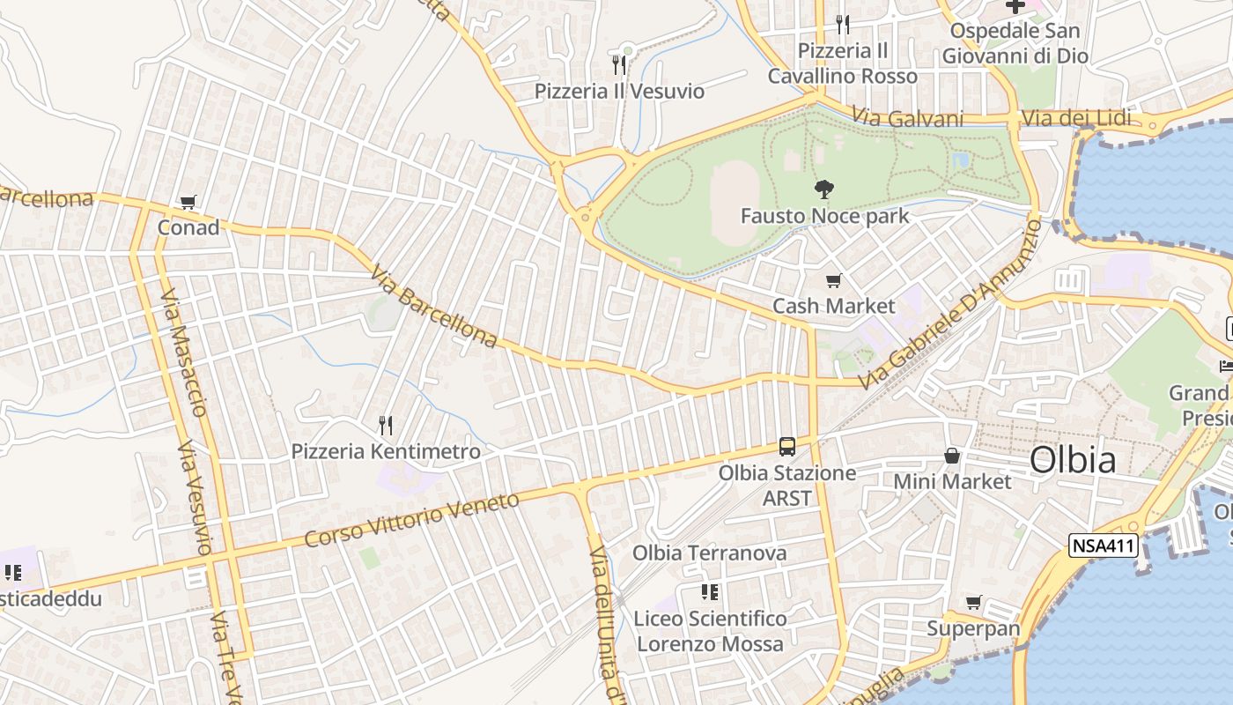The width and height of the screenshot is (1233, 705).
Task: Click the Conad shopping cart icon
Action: point(188,203)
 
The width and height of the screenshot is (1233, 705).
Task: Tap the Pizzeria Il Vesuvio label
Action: point(619,91)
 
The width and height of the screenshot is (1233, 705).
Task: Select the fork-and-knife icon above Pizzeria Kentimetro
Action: point(386,426)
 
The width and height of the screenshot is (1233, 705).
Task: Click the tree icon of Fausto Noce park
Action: point(824,189)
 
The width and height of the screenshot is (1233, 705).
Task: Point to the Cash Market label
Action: point(833,306)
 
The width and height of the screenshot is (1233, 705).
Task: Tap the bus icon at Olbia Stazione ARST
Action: point(787,447)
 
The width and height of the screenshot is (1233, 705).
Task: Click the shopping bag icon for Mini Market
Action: point(952,456)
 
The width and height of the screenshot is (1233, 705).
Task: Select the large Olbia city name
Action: point(1073,460)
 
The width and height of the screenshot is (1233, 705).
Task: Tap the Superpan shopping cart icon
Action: point(973,603)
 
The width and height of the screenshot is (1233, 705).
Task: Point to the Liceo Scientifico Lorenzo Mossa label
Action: point(710,631)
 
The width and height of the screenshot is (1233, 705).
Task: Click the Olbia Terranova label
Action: point(710,553)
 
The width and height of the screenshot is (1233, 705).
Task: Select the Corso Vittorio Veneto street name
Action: point(412,520)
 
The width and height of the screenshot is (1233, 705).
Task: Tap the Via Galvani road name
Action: point(907,118)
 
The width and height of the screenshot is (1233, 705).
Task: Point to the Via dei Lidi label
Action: point(1076,118)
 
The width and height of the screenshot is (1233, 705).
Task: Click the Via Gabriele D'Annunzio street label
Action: point(951,305)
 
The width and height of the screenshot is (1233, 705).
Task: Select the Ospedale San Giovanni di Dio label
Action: point(1015,43)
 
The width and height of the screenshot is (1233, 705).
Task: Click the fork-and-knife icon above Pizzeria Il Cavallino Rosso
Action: point(843,24)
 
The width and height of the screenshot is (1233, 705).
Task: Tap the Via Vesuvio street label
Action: point(195,499)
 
